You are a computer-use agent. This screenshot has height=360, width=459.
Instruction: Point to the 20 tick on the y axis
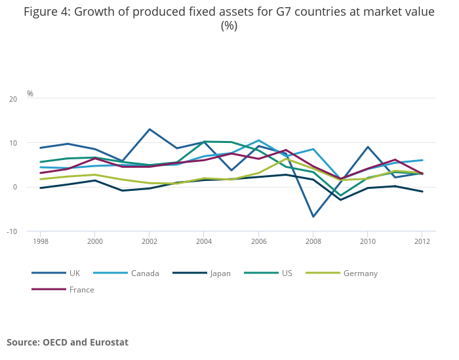coord(13,99)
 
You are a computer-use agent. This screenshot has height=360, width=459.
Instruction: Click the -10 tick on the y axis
coord(12,231)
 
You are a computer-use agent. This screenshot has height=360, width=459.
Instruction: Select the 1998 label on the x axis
coord(41,241)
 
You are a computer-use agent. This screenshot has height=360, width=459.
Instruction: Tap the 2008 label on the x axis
coord(313,241)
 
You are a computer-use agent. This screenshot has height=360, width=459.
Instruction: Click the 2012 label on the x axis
coord(422,241)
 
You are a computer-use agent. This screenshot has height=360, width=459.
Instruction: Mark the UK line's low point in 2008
coord(313,216)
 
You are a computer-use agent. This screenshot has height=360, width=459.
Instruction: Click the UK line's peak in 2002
coord(150,129)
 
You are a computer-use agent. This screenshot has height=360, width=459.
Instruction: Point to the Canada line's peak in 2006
coord(258,140)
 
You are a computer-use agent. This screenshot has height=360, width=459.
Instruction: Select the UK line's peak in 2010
coord(367,147)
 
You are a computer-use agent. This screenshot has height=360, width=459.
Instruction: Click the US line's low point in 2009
coord(340,195)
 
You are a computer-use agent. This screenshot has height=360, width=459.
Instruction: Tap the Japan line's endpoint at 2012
coord(422,191)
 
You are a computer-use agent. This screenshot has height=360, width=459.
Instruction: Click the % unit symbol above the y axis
coord(30,94)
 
